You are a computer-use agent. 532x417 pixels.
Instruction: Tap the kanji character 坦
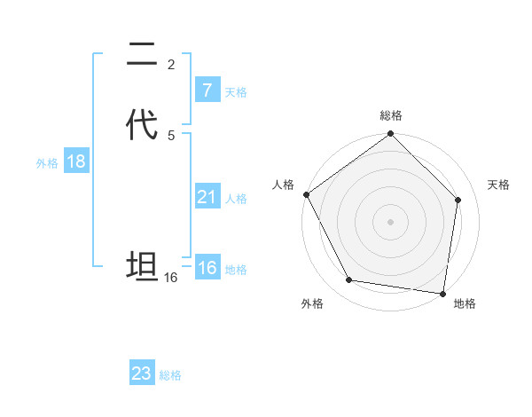[x=143, y=266]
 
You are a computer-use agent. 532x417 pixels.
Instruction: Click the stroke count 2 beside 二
[x=171, y=64]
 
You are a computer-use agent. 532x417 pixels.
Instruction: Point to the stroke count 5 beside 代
[x=171, y=135]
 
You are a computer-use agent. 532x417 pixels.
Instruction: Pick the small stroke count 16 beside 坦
[x=171, y=278]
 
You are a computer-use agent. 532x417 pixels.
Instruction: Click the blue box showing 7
[x=207, y=90]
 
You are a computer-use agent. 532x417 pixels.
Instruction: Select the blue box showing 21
[x=207, y=197]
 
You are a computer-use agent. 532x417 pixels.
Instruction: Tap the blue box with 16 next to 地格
[x=207, y=268]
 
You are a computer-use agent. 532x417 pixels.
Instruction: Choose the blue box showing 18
[x=75, y=161]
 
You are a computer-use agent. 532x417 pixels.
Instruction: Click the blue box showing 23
[x=142, y=374]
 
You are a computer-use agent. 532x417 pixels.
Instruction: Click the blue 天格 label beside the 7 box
[x=236, y=92]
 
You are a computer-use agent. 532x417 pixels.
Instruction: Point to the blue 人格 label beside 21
[x=236, y=199]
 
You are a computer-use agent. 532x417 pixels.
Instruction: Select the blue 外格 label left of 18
[x=47, y=163]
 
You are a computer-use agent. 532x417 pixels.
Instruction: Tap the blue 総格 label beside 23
[x=170, y=375]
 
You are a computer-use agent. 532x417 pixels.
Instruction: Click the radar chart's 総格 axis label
[x=391, y=115]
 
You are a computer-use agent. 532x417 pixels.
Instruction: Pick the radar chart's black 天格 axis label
[x=498, y=185]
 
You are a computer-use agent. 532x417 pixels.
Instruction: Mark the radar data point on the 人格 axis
[x=307, y=194]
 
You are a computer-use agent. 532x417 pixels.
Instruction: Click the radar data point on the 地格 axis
[x=442, y=293]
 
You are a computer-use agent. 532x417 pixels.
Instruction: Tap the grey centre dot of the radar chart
[x=391, y=222]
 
